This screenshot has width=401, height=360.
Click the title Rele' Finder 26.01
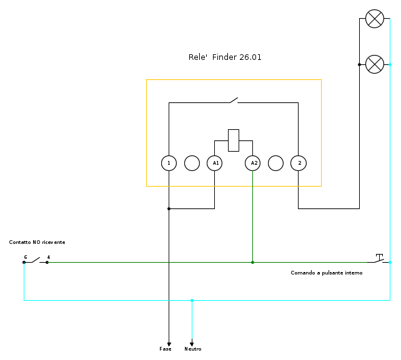point(225,57)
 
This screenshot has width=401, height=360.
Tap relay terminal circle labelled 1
point(169,163)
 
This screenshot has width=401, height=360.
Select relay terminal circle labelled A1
point(214,163)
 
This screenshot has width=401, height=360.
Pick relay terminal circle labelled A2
point(252,163)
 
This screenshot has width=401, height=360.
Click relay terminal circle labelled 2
point(299,163)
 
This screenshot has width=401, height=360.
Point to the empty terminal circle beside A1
point(192,163)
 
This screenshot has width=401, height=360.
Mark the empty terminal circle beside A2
point(275,163)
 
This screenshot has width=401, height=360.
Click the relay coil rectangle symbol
point(234,140)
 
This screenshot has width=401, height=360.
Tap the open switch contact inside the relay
point(234,100)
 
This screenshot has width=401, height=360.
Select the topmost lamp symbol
point(374,19)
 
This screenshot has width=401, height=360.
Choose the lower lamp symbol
point(374,64)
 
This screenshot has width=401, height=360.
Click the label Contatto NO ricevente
point(37,242)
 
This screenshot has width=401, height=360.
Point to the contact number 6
point(26,257)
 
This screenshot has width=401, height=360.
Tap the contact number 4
point(49,257)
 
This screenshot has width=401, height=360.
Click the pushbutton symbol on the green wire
point(379,258)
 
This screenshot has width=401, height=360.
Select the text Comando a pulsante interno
point(326,273)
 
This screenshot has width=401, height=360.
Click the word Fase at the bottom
point(166,349)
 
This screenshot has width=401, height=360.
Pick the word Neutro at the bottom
point(192,349)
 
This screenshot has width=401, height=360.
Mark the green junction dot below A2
point(252,262)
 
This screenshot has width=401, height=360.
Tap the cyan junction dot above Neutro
point(192,300)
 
